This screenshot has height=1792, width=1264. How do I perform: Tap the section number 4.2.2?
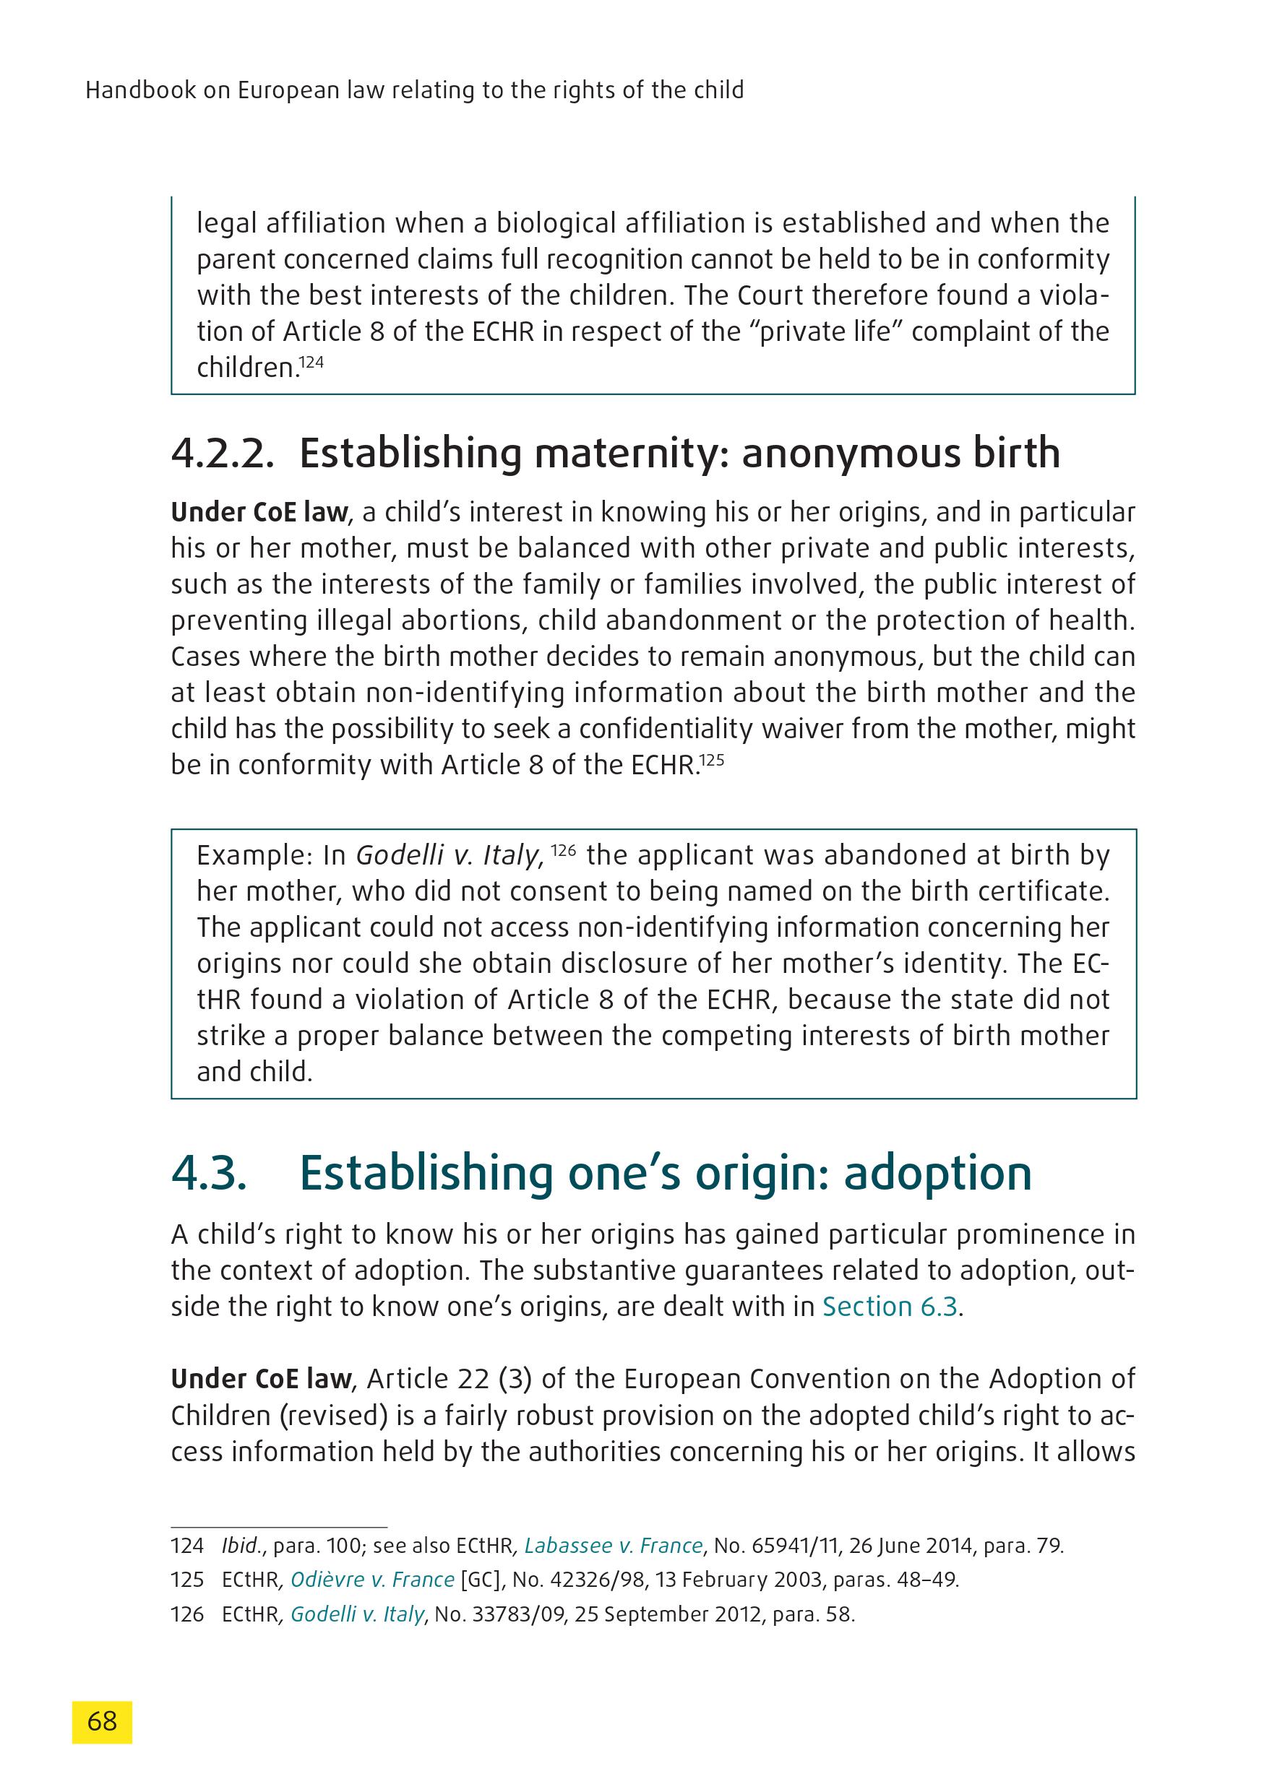click(x=223, y=454)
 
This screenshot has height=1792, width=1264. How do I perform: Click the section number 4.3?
click(x=210, y=1173)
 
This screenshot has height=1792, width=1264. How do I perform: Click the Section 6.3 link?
click(x=889, y=1307)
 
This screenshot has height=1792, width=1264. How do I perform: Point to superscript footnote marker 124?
click(x=311, y=362)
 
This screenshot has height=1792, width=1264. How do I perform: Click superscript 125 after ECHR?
click(x=712, y=758)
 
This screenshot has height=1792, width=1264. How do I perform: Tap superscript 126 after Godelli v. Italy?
click(x=564, y=850)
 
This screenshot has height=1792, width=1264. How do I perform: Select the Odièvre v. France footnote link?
click(x=372, y=1580)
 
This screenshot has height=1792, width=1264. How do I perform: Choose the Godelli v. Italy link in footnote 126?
click(x=358, y=1614)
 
